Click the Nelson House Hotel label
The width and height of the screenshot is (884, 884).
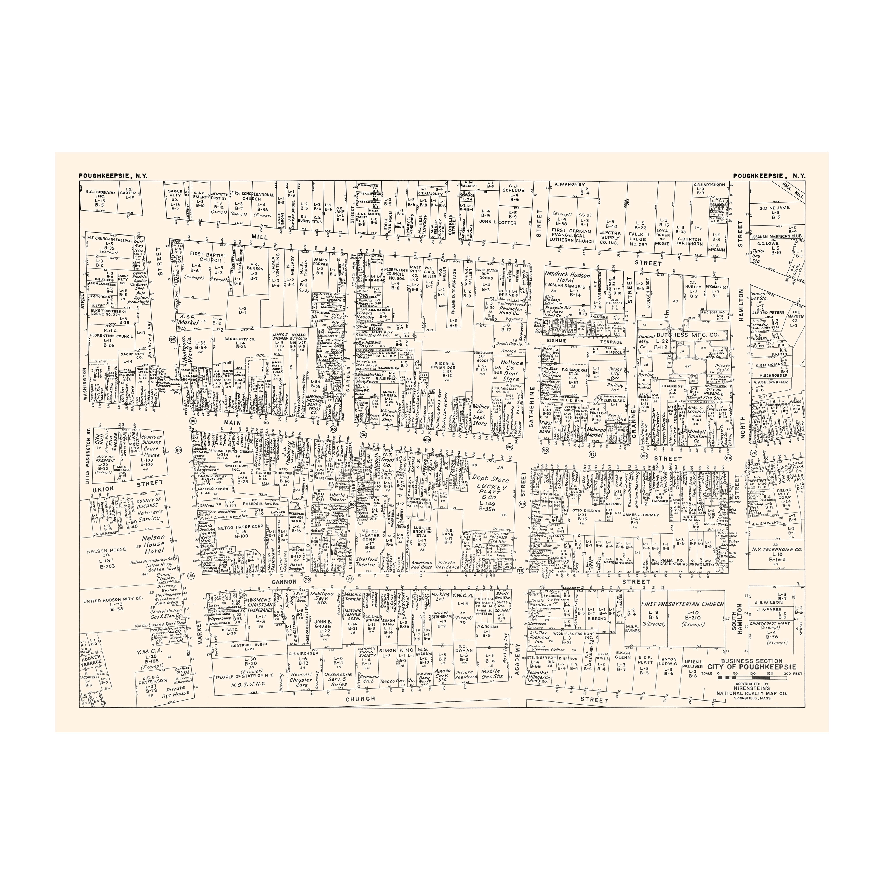click(153, 544)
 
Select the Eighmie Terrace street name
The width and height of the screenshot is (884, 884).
click(581, 341)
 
